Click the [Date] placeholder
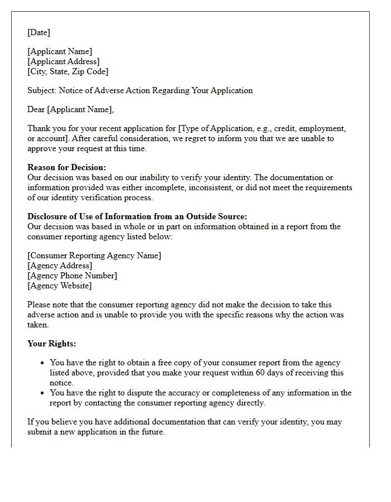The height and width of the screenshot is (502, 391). point(39,32)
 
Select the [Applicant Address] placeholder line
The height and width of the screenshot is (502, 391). point(63,61)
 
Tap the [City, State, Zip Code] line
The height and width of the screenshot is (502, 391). point(68,71)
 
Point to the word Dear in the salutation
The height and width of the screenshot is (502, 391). point(36,109)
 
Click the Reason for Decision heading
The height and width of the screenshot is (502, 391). point(66,167)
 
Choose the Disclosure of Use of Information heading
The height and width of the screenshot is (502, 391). point(137,216)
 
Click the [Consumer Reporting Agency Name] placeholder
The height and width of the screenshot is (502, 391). point(94,255)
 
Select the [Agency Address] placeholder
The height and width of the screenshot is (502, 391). point(60,266)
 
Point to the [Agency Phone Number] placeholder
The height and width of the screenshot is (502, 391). point(72,276)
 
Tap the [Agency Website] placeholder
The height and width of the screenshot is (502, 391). point(60,286)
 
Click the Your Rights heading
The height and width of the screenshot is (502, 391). point(51,344)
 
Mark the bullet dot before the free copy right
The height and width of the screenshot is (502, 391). point(42,363)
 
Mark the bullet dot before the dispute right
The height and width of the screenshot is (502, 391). point(42,393)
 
